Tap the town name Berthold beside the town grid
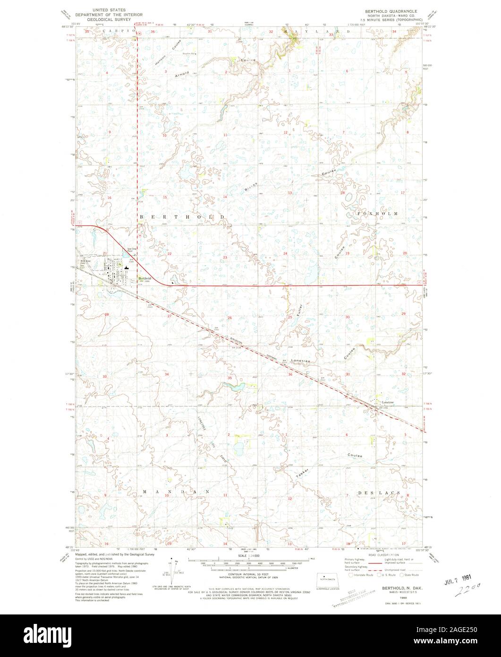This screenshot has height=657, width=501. click(x=144, y=278)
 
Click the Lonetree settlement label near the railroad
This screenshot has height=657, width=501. click(x=388, y=403)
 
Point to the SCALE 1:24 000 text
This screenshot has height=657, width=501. click(x=250, y=555)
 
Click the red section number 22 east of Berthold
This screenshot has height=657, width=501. click(x=169, y=254)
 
